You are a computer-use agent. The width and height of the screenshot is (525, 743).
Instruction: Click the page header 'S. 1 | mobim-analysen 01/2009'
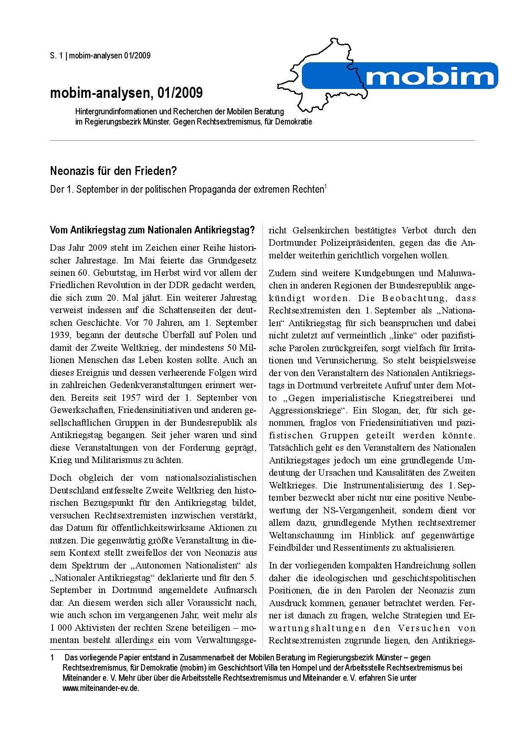click(100, 55)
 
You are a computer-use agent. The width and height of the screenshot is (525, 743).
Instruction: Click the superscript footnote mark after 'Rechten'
click(325, 186)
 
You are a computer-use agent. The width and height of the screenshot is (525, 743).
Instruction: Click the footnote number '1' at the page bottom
click(52, 658)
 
